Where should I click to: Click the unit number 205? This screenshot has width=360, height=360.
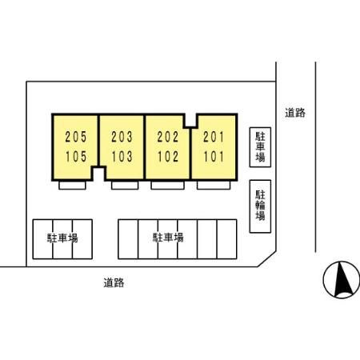coord(76,137)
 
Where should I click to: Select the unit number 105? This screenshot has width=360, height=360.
coord(76,157)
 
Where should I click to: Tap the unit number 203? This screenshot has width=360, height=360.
coord(122,137)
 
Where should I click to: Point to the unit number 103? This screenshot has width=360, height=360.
coord(122,157)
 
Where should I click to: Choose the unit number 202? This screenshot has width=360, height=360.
coord(168,137)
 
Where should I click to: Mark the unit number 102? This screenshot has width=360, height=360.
coord(168,157)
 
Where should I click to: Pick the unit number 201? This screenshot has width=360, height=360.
coord(214,137)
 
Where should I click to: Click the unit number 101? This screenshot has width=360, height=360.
coord(214,157)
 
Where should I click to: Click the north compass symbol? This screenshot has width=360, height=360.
coord(342,279)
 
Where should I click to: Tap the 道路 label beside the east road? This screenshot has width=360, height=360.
coord(295,113)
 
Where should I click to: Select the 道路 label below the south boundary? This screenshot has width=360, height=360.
coord(114,282)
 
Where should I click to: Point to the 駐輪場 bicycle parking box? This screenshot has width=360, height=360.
coord(260,206)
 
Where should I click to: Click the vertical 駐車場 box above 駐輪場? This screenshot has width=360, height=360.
coord(260,147)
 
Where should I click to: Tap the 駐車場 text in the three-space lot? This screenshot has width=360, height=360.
coord(62,238)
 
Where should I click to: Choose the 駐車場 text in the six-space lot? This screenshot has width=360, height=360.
coord(168,237)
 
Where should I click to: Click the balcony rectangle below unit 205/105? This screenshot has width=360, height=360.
coord(72,186)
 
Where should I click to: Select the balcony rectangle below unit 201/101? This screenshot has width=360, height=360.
coord(214,186)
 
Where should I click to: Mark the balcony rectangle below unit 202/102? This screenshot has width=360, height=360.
coord(167,186)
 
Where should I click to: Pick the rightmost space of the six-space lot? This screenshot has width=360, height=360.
coord(227,239)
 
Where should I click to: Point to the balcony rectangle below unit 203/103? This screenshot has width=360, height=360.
coord(125,186)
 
